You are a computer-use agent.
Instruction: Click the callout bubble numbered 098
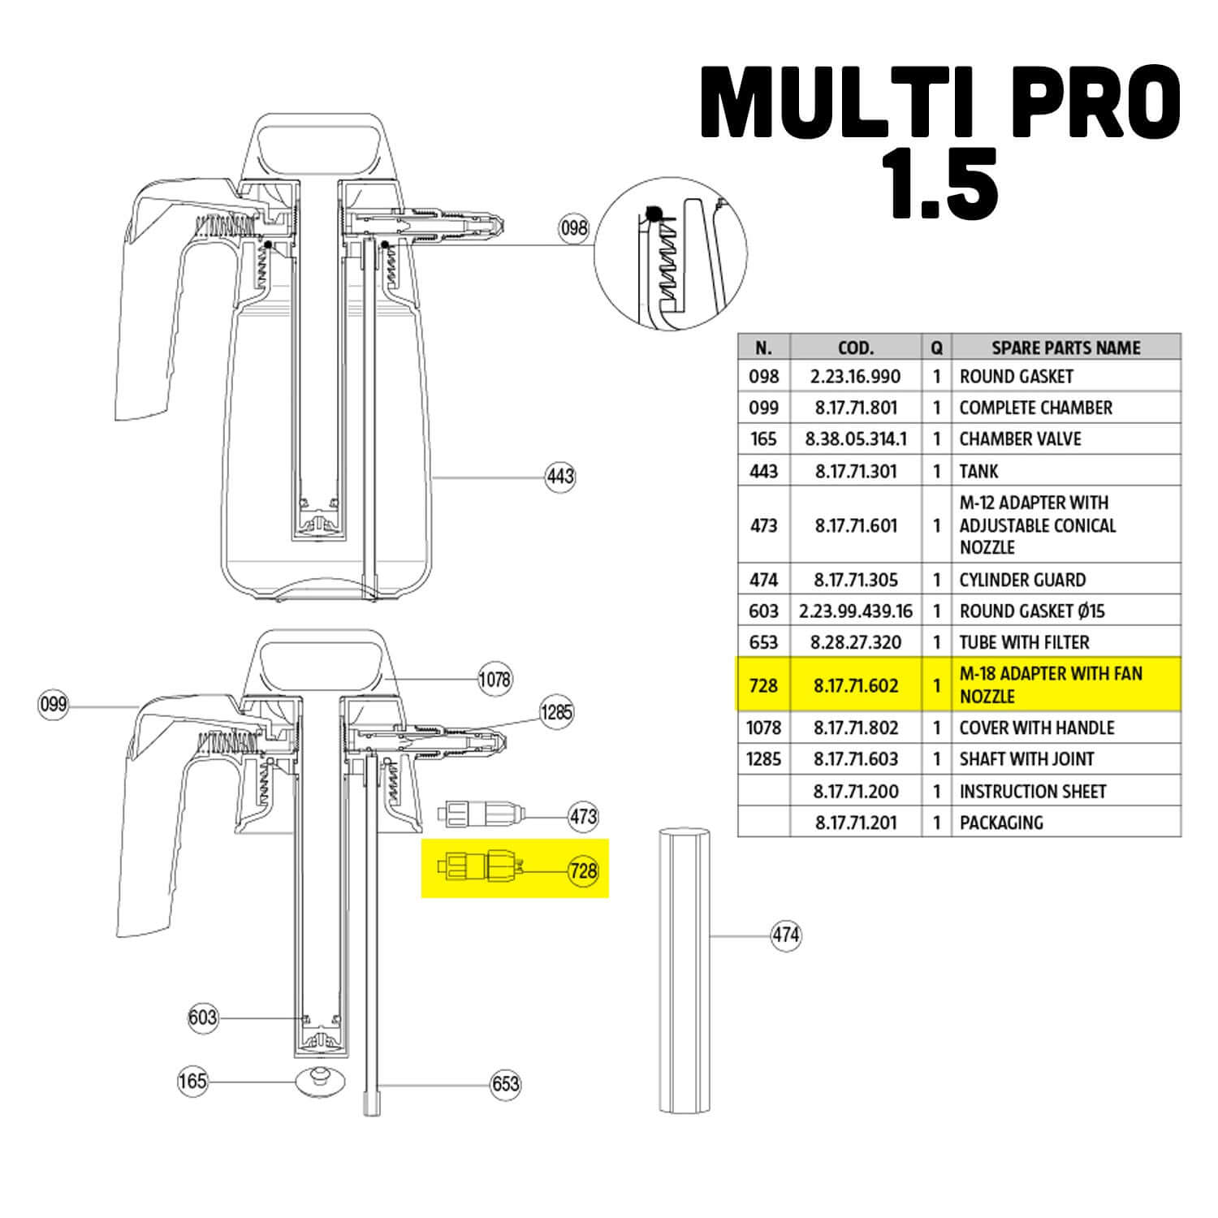(x=573, y=228)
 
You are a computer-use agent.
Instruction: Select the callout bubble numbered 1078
(x=495, y=679)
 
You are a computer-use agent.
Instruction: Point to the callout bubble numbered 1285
(x=557, y=712)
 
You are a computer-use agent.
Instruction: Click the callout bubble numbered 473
(x=583, y=816)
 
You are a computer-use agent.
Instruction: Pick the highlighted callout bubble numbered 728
(x=583, y=871)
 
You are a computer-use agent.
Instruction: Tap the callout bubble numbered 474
(x=785, y=935)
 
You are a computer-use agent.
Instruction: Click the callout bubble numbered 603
(x=202, y=1017)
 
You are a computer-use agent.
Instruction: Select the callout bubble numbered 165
(x=193, y=1081)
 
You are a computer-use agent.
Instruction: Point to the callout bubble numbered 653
(x=505, y=1084)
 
